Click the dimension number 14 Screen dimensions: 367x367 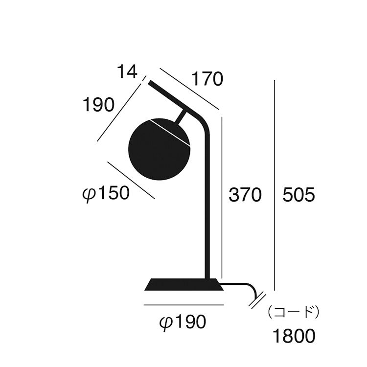click(x=127, y=71)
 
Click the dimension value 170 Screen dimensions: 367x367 click(x=207, y=79)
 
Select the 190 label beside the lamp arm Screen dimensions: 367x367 click(x=99, y=105)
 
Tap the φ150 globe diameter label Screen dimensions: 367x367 click(x=106, y=193)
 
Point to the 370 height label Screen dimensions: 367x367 click(x=245, y=195)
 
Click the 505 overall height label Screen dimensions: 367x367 click(x=298, y=195)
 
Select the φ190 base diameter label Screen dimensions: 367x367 click(x=183, y=322)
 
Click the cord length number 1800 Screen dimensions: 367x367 click(x=294, y=336)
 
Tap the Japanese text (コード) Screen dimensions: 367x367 click(x=293, y=312)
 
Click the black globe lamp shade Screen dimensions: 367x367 click(x=159, y=150)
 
